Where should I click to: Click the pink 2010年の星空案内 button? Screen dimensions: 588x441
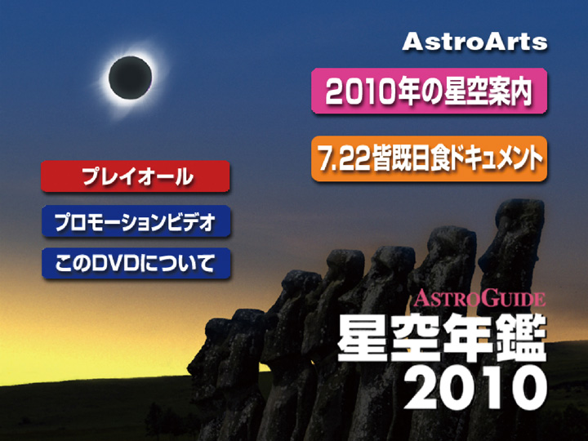coord(429,91)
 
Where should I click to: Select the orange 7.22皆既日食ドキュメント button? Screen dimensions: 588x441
coord(429,158)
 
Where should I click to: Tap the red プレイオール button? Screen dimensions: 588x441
coord(136,176)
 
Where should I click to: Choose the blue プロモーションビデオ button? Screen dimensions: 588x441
coord(136,221)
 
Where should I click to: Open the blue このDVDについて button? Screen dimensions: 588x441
coord(136,263)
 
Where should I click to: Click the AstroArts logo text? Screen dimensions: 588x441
coord(474,42)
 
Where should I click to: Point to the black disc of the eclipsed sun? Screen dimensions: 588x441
coord(130,78)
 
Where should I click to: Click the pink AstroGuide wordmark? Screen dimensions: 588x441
coord(479,298)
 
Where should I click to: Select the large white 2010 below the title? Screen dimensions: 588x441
coord(475,387)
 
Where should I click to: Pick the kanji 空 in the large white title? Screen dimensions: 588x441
coord(416,337)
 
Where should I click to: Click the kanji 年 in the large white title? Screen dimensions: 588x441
coord(469,337)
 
